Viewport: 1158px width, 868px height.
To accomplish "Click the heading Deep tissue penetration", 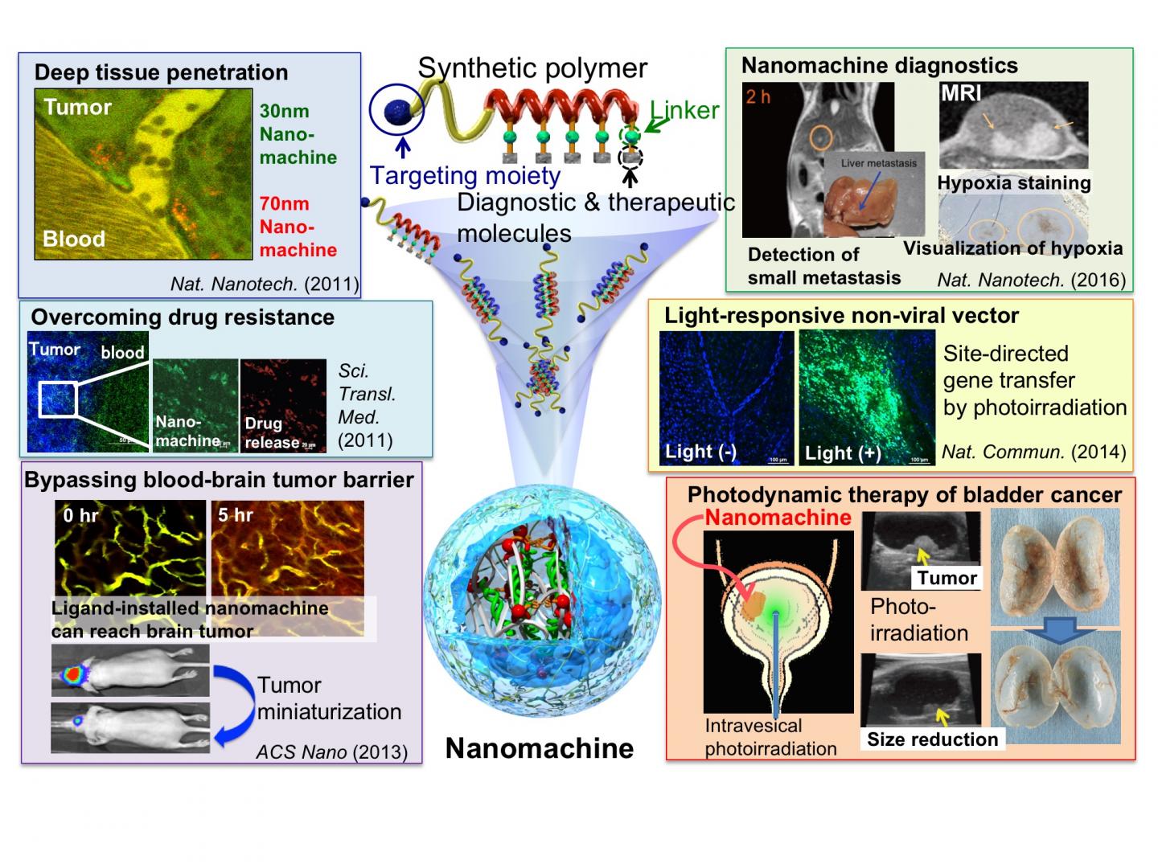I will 161,72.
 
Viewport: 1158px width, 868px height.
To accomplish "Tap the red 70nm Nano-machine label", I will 298,227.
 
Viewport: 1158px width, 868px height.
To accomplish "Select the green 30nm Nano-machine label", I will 298,134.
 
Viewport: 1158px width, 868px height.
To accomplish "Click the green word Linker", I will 684,110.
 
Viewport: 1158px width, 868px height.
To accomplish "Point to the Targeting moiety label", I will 465,175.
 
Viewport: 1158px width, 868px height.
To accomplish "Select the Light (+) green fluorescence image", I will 867,397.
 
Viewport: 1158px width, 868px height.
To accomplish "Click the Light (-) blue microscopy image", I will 726,397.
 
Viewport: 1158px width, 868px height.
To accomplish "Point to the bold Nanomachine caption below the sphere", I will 540,748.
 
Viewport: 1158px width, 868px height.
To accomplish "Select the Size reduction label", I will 932,739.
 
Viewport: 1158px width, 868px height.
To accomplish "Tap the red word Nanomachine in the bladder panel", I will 778,518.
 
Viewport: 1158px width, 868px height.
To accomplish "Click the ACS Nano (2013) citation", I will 331,752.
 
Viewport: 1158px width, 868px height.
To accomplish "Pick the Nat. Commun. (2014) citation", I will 1033,452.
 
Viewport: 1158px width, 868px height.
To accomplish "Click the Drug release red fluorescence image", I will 283,406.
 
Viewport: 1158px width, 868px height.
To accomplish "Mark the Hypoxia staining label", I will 1014,183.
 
